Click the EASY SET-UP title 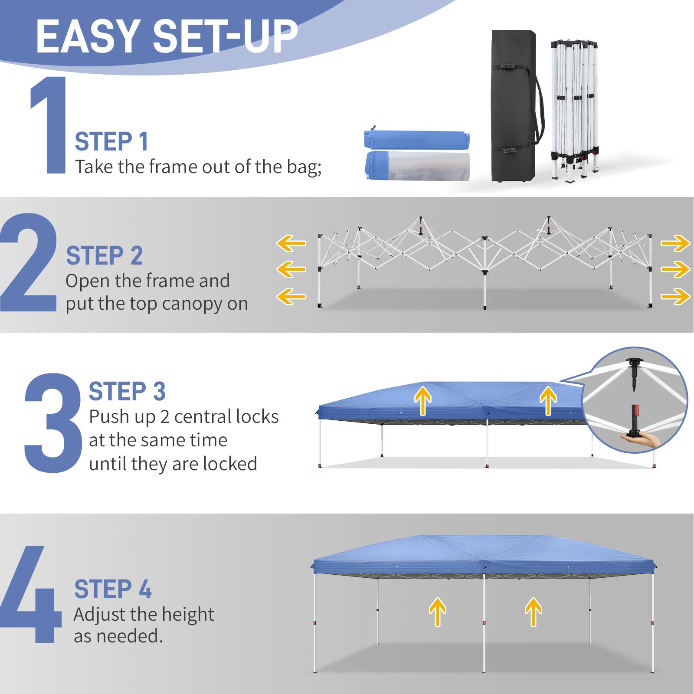pyautogui.click(x=167, y=37)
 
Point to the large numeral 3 pyautogui.click(x=53, y=423)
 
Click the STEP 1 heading pyautogui.click(x=111, y=142)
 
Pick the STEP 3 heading pyautogui.click(x=127, y=391)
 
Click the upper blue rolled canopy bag pyautogui.click(x=417, y=140)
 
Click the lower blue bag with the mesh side pyautogui.click(x=417, y=166)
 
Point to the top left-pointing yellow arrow pyautogui.click(x=291, y=243)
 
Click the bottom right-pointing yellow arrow pyautogui.click(x=675, y=297)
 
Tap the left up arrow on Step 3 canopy pyautogui.click(x=422, y=400)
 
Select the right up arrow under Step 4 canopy pyautogui.click(x=533, y=612)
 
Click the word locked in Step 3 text pyautogui.click(x=230, y=464)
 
